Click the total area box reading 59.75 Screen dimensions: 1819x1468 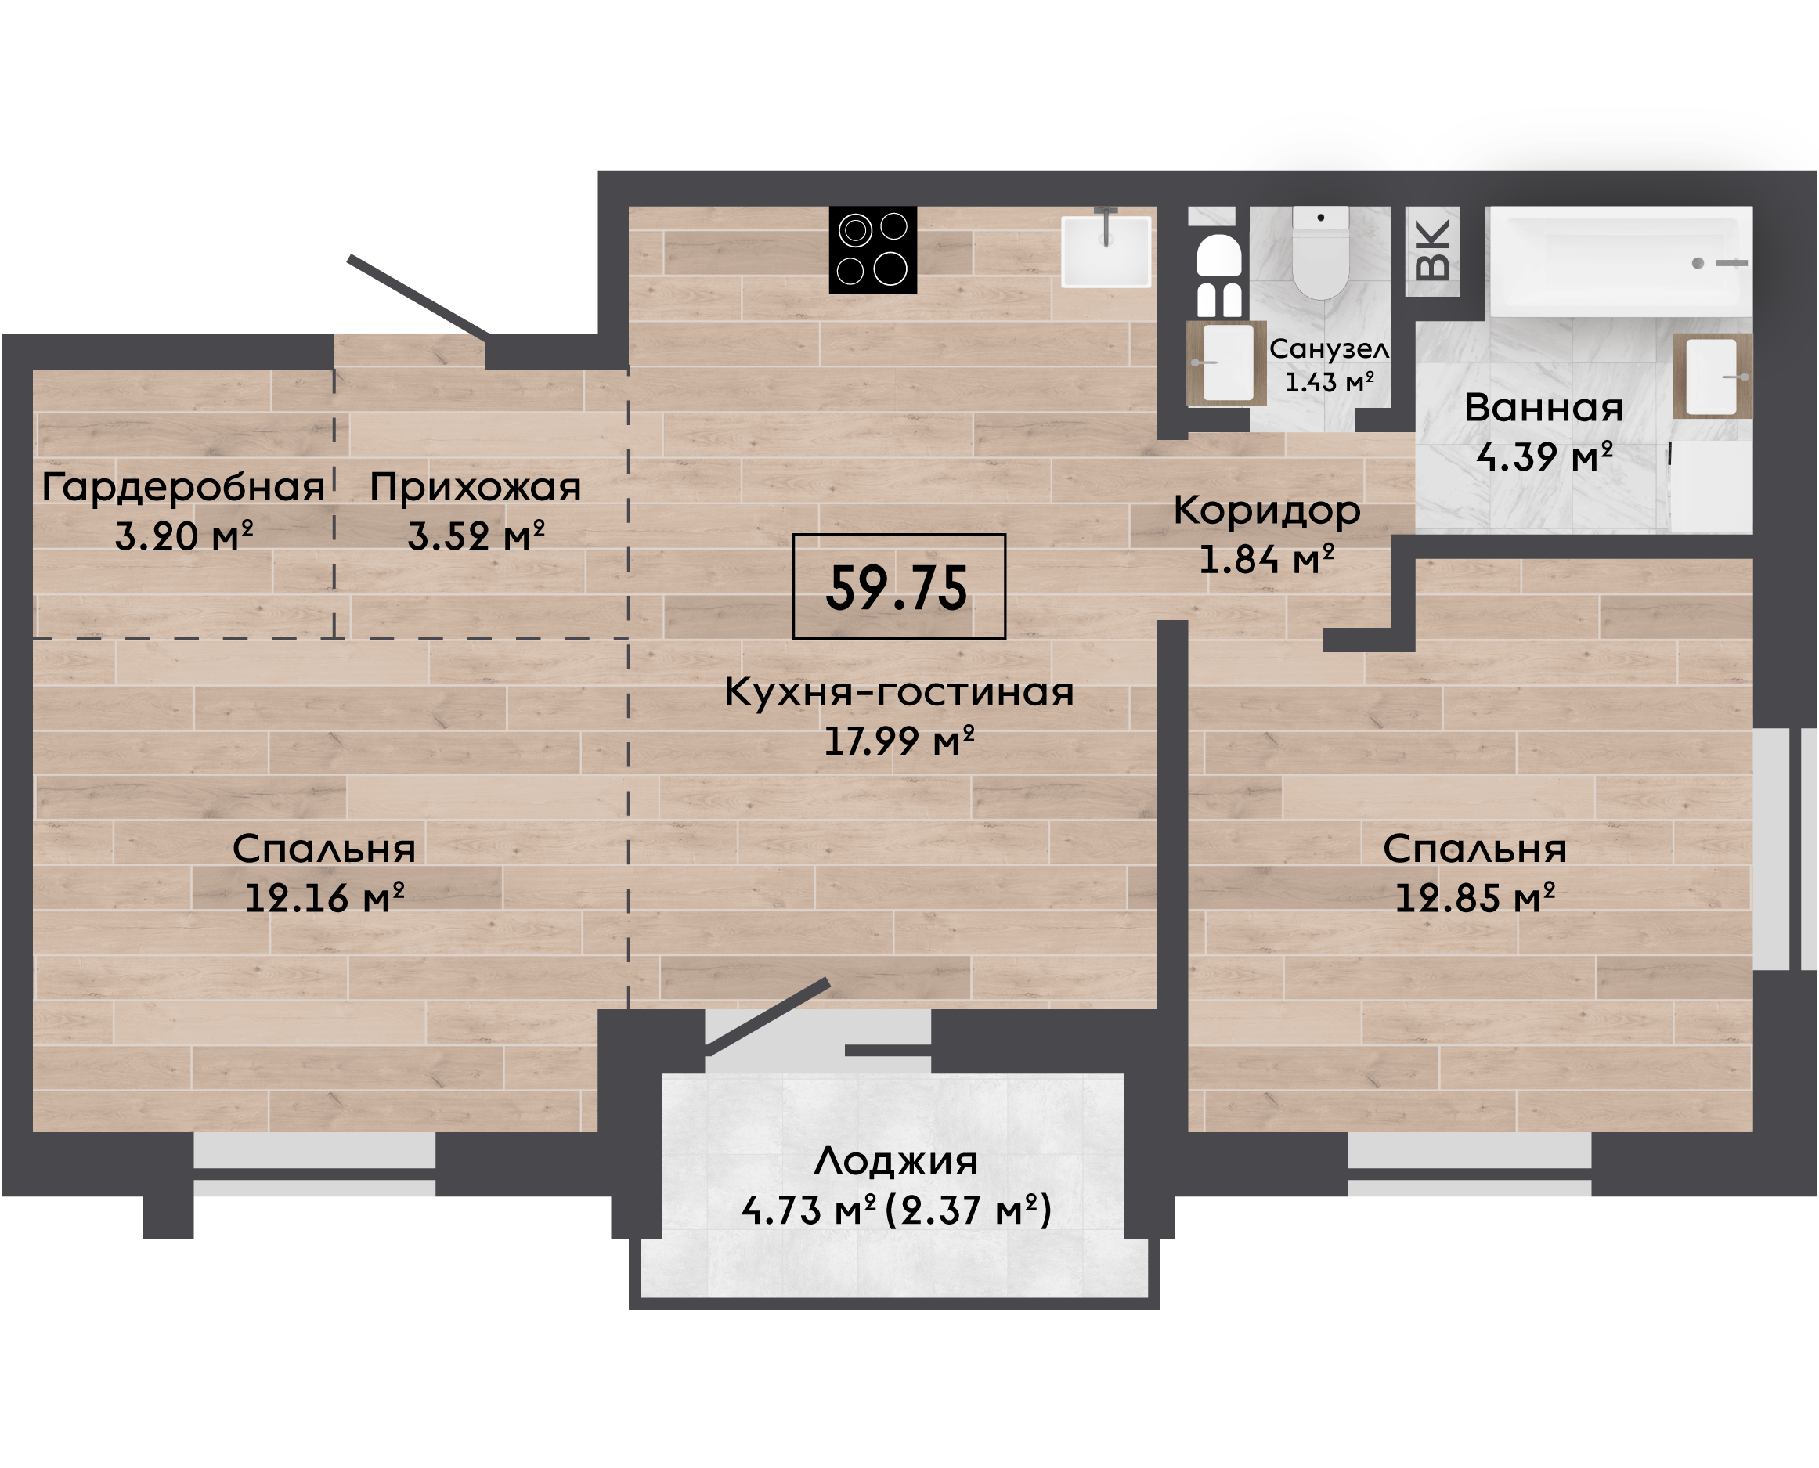tap(898, 586)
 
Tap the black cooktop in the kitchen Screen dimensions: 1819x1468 tap(873, 251)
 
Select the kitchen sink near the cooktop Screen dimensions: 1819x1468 tap(1106, 251)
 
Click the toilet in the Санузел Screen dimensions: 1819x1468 tap(1320, 252)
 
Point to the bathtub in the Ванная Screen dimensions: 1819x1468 tap(1619, 261)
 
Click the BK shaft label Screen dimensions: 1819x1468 tap(1432, 251)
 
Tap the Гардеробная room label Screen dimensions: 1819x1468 tap(183, 487)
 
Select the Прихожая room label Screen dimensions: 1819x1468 tap(475, 487)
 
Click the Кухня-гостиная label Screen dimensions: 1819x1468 tap(899, 691)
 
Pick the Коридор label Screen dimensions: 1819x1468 tap(1266, 511)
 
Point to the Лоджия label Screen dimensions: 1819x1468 tap(896, 1162)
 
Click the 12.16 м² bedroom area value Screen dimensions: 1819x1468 tap(324, 897)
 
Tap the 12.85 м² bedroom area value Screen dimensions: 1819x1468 tap(1474, 897)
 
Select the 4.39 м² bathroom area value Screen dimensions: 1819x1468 tap(1544, 456)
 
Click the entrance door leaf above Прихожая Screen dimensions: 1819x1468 tap(419, 297)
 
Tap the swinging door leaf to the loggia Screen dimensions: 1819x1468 tap(768, 1017)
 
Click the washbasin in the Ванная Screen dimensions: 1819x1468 tap(1712, 377)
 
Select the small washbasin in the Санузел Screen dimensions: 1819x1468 tap(1226, 363)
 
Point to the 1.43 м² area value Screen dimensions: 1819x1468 tap(1330, 382)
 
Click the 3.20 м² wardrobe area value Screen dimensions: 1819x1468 tap(183, 536)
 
